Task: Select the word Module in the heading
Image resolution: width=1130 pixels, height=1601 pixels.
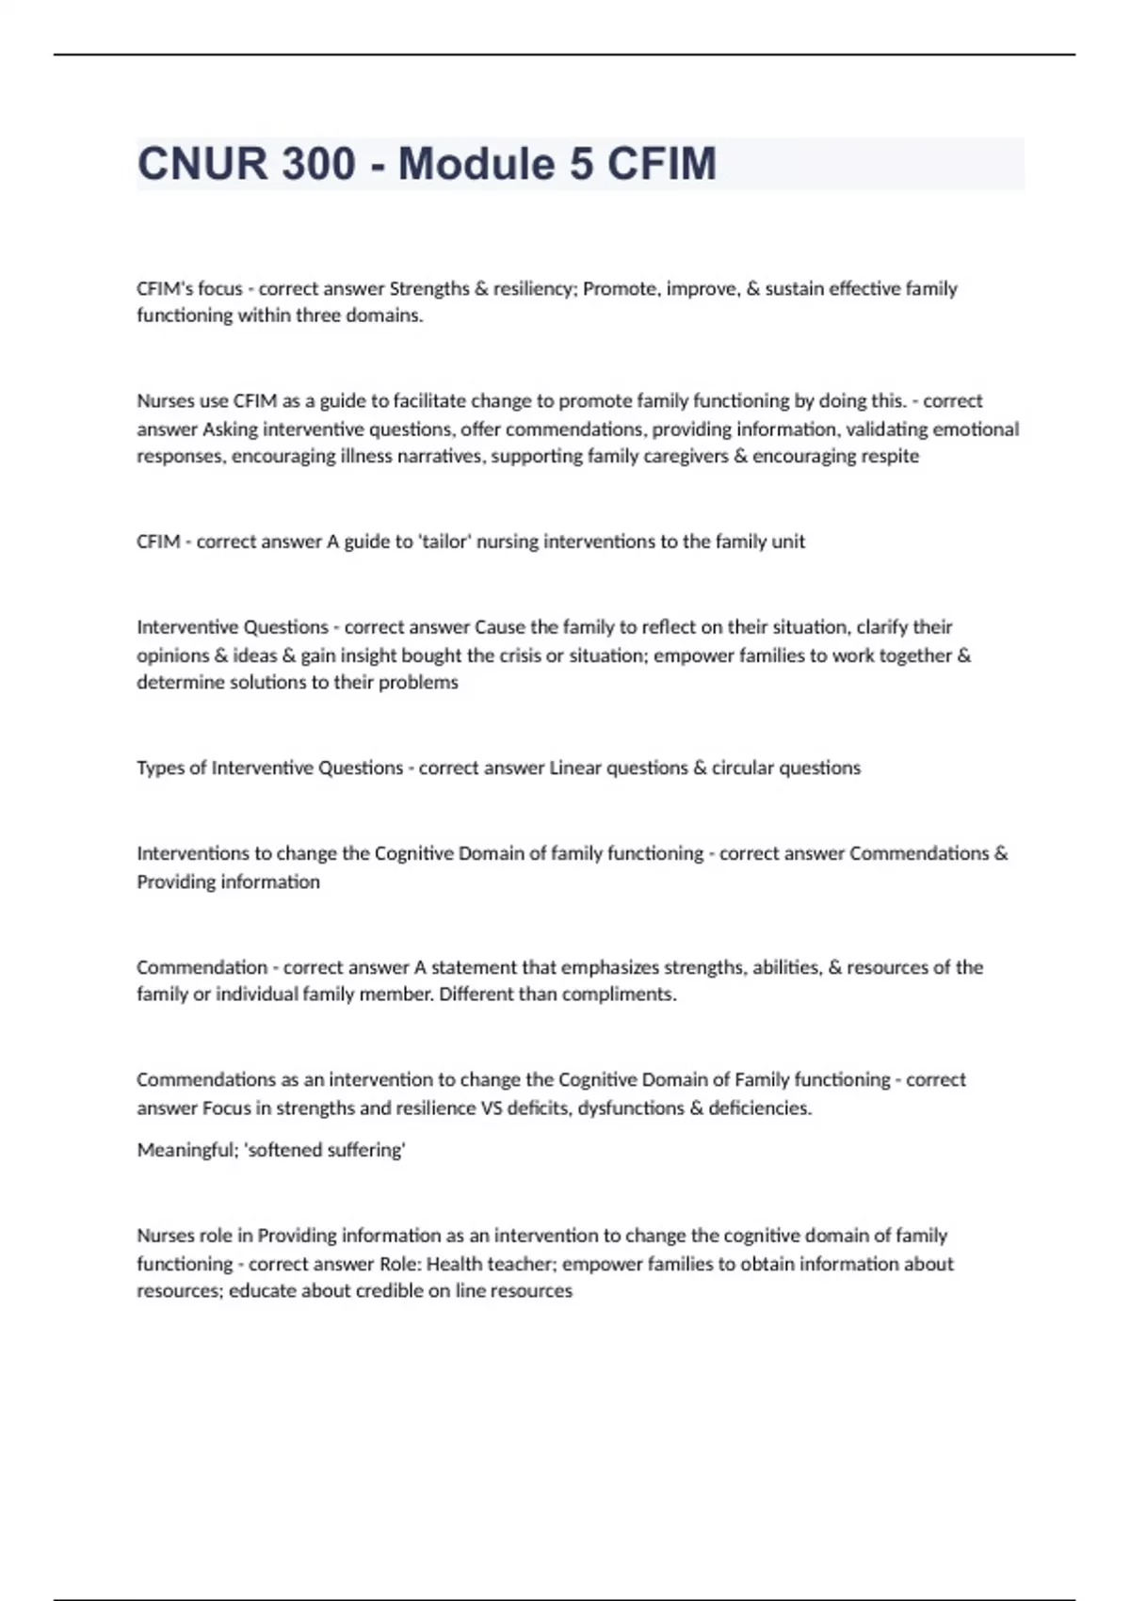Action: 476,164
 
